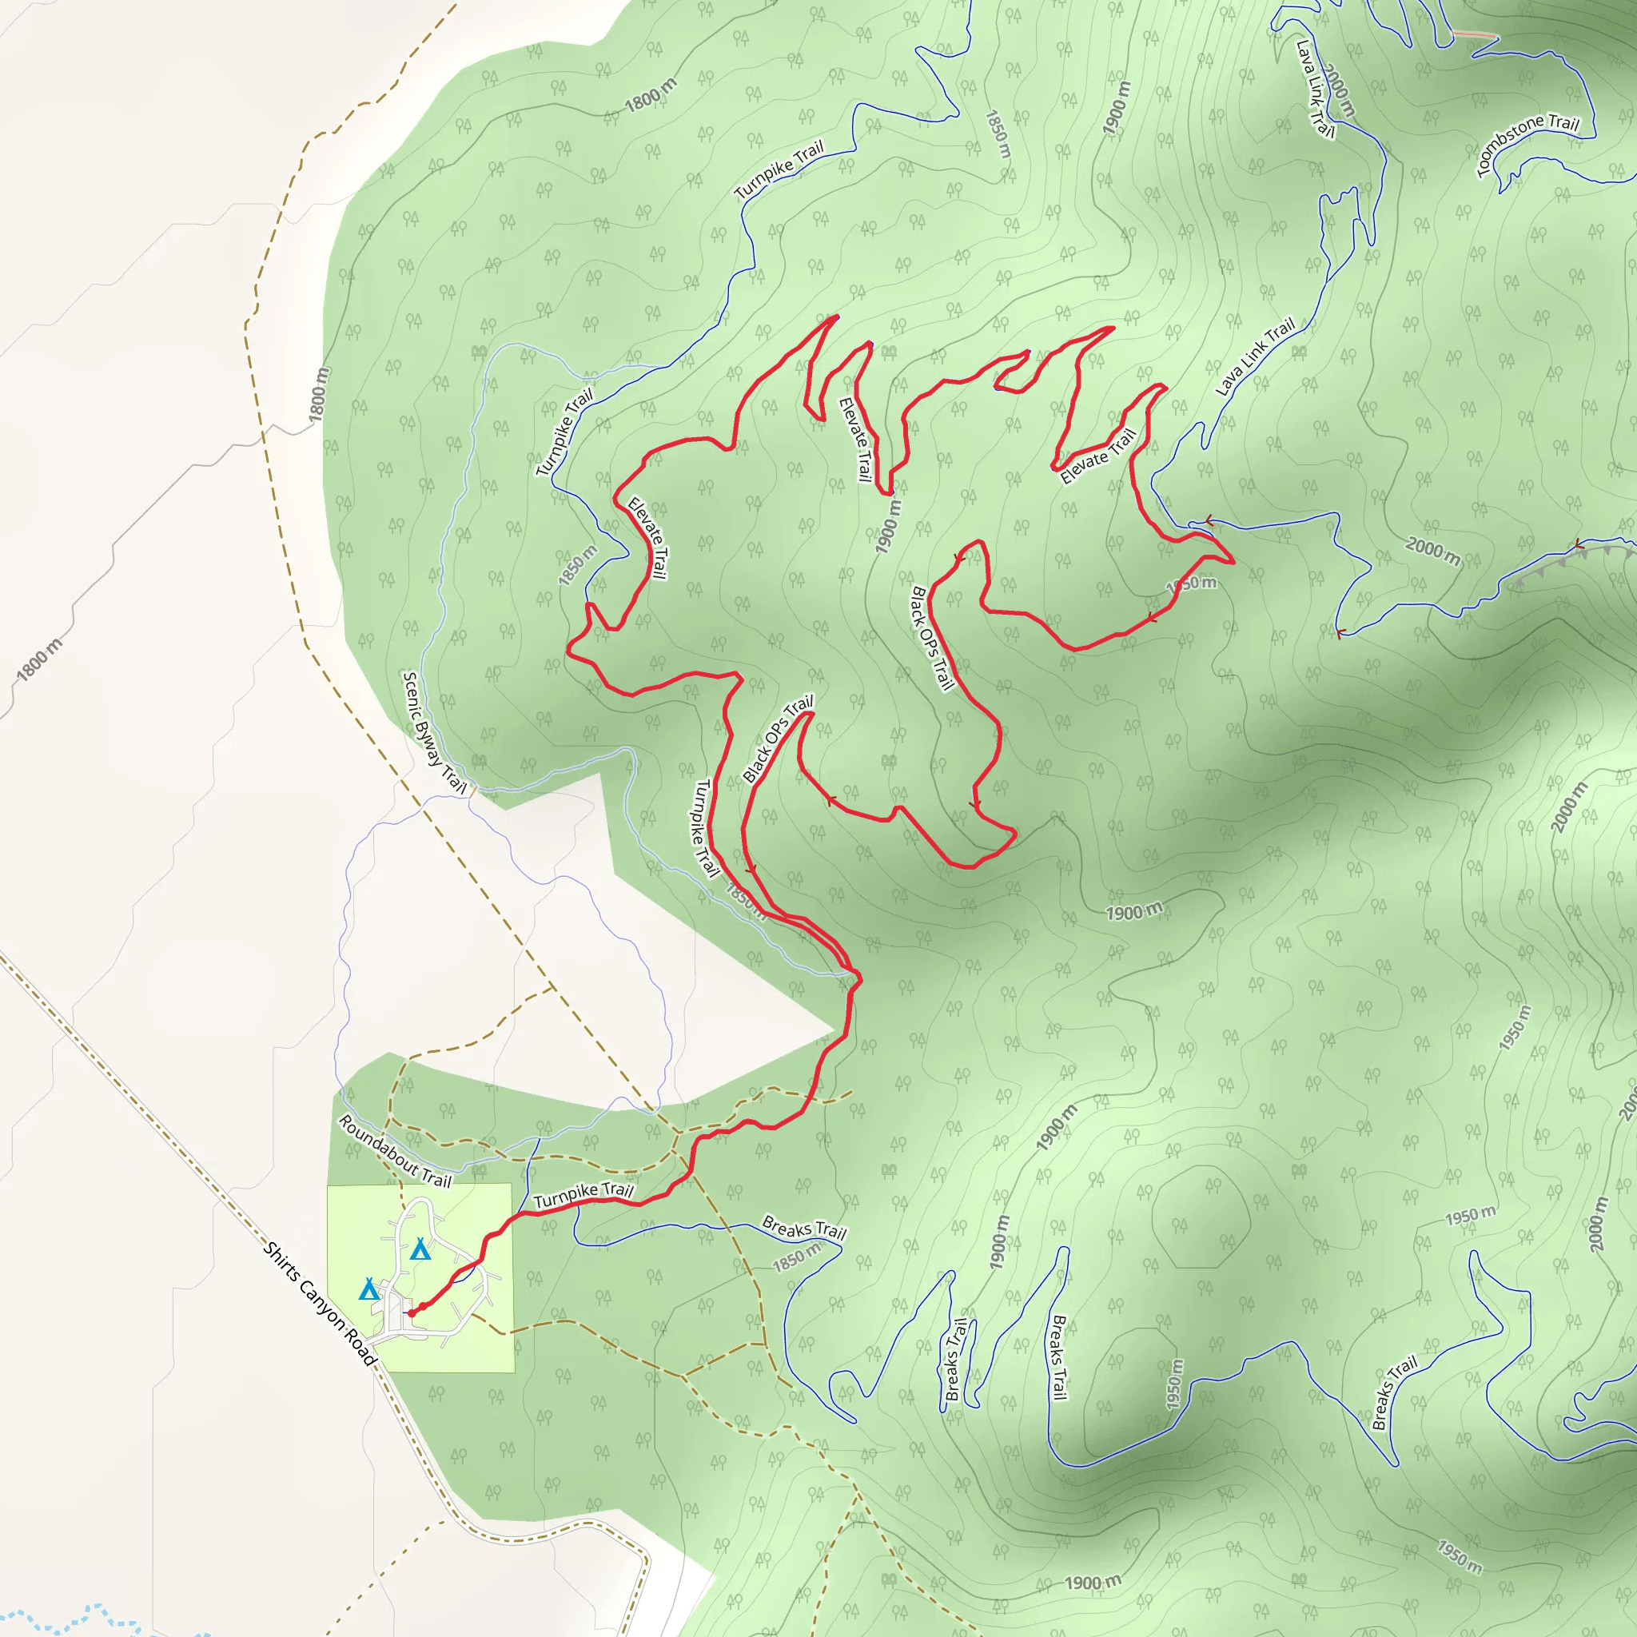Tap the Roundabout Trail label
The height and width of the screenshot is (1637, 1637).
(x=395, y=1152)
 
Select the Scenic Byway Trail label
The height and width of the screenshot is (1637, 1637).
(x=434, y=732)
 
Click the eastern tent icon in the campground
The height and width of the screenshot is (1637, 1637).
(x=420, y=1249)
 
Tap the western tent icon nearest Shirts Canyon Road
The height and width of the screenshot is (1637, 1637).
(x=368, y=1289)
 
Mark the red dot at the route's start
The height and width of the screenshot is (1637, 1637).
(x=412, y=1313)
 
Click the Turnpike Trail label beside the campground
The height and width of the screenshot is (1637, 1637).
(x=584, y=1195)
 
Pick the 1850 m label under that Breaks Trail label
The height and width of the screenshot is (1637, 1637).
(x=796, y=1257)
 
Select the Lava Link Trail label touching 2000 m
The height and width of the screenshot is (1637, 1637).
(x=1314, y=89)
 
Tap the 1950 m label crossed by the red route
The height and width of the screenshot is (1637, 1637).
(x=1191, y=584)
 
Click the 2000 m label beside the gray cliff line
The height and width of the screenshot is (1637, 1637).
(x=1434, y=550)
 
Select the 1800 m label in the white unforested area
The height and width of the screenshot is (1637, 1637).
(x=40, y=660)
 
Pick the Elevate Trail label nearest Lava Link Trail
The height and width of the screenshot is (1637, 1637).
(x=1097, y=457)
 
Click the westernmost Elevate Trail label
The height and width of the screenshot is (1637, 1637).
(x=647, y=538)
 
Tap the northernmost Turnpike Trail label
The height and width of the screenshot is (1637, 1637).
(x=779, y=170)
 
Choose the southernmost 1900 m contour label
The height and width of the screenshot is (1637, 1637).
(x=1093, y=1582)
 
